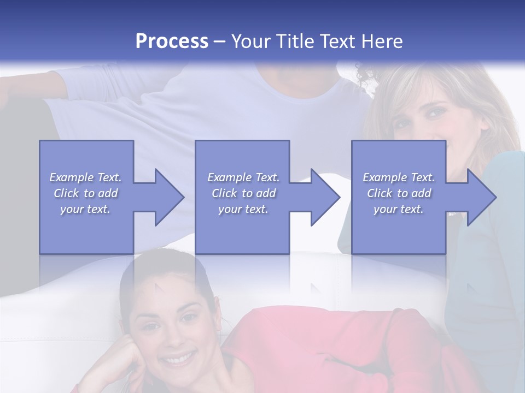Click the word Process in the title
pyautogui.click(x=172, y=41)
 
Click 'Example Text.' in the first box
pyautogui.click(x=85, y=177)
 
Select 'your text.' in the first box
pyautogui.click(x=85, y=209)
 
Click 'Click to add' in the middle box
pyautogui.click(x=243, y=193)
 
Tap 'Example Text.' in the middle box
pyautogui.click(x=243, y=177)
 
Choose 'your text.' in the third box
pyautogui.click(x=399, y=209)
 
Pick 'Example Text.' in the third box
pyautogui.click(x=399, y=177)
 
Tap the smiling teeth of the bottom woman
pyautogui.click(x=177, y=360)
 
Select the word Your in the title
pyautogui.click(x=249, y=41)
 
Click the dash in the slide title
pyautogui.click(x=219, y=41)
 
